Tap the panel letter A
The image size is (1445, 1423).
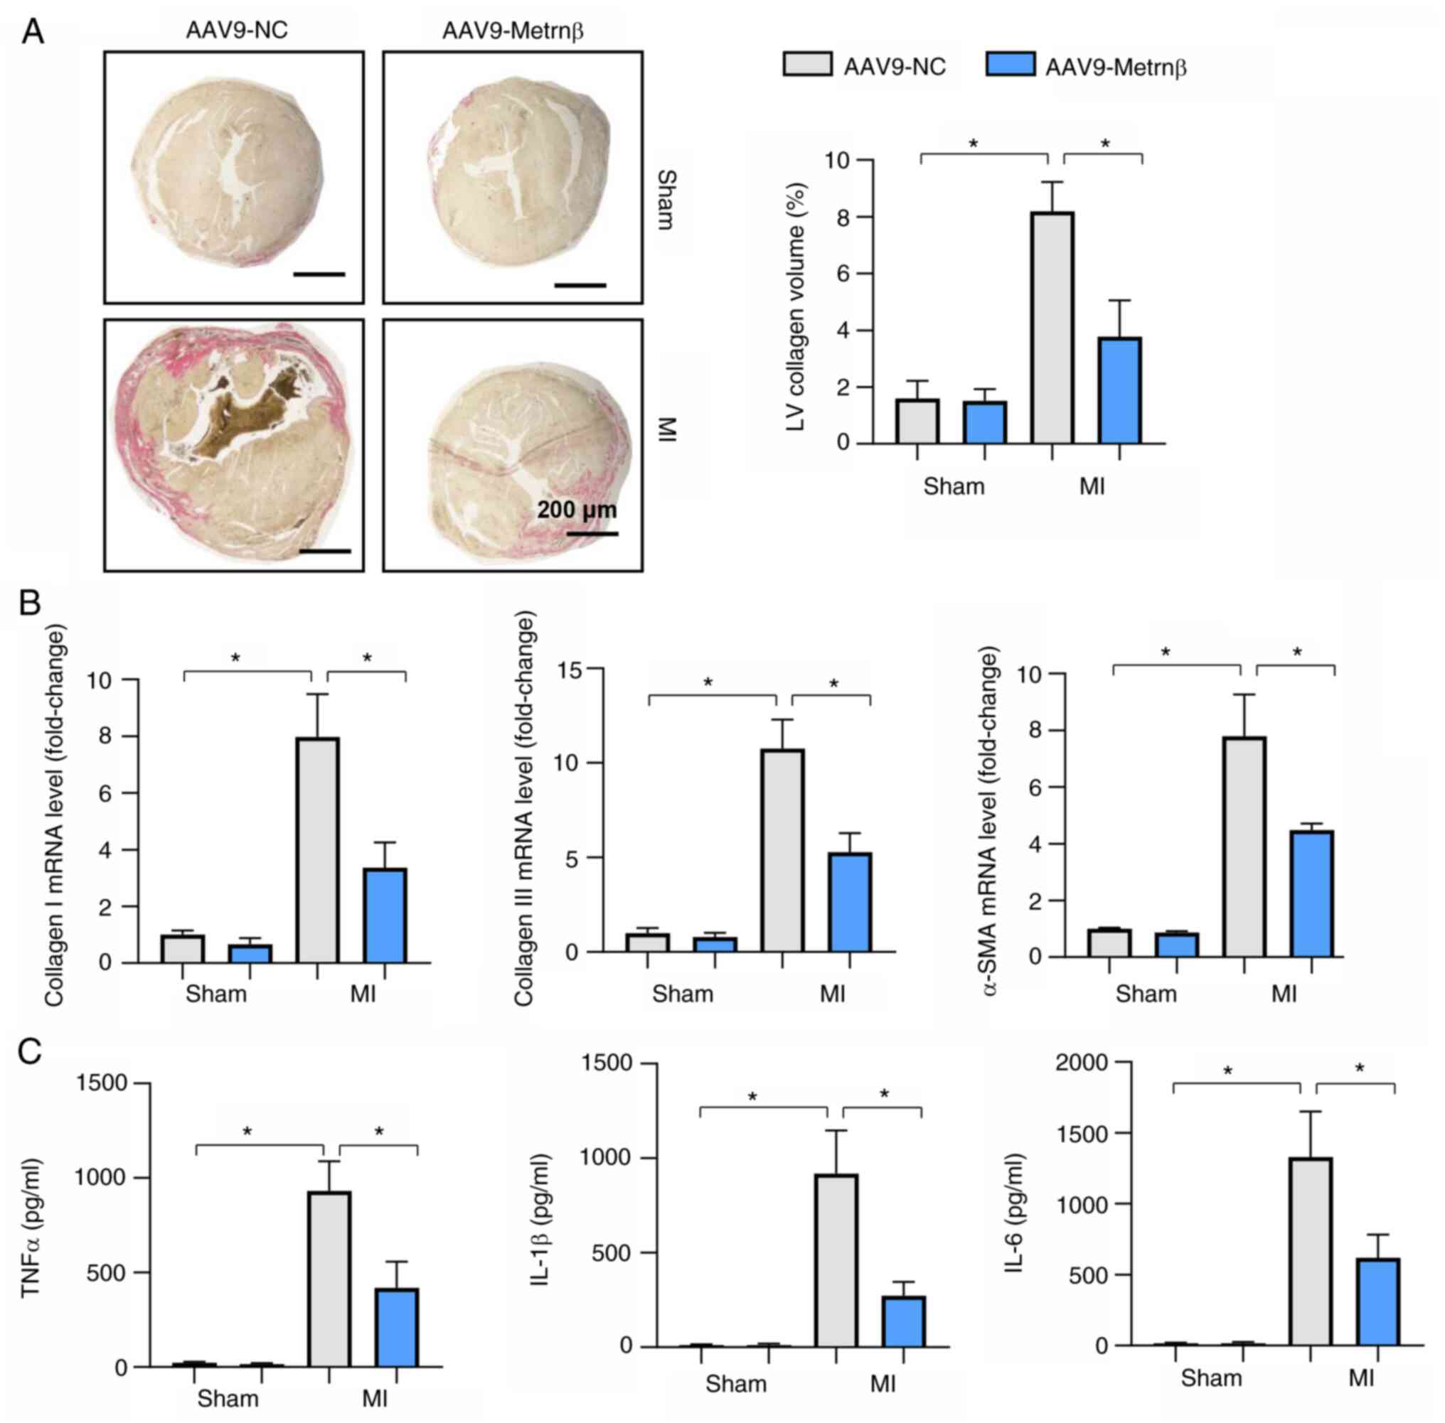point(32,32)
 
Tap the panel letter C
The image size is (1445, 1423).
point(30,1051)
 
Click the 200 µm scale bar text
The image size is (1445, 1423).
point(576,510)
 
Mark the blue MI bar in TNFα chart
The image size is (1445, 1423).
point(396,1327)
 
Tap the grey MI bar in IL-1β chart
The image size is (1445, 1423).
point(836,1260)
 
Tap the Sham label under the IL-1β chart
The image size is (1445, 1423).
point(735,1383)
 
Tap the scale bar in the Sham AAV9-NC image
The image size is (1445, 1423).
point(319,274)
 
